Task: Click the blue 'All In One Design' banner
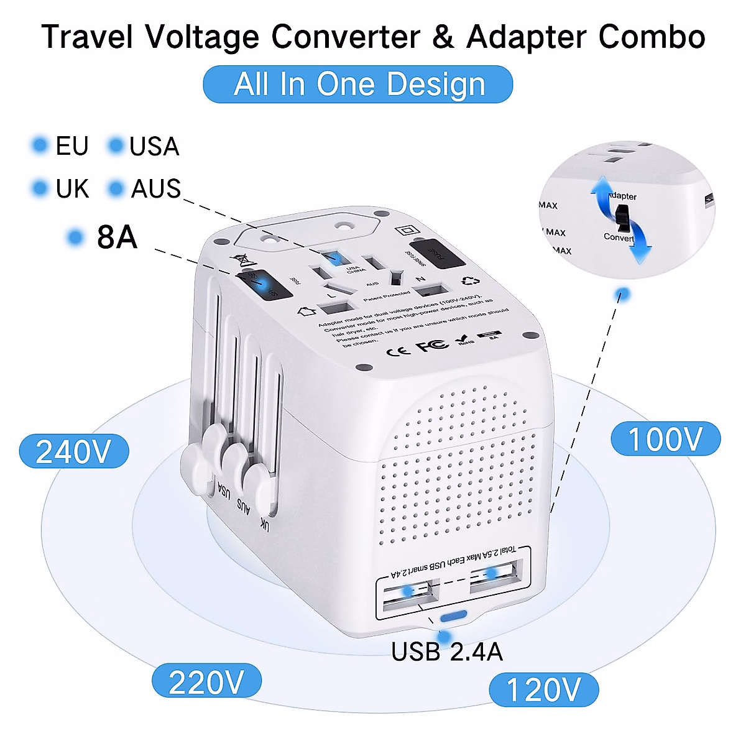358,85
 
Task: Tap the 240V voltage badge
74,451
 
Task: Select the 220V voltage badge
206,682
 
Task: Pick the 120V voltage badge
544,689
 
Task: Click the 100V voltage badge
665,439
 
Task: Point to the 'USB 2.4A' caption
447,652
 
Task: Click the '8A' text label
117,237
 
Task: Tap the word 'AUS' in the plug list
155,188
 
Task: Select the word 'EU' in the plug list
72,146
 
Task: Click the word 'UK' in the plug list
72,188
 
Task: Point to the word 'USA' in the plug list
154,146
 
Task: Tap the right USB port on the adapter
494,575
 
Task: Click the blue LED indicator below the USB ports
453,616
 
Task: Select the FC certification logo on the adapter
432,345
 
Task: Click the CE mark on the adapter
398,351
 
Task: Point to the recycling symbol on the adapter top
470,282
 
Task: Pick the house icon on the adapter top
306,310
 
